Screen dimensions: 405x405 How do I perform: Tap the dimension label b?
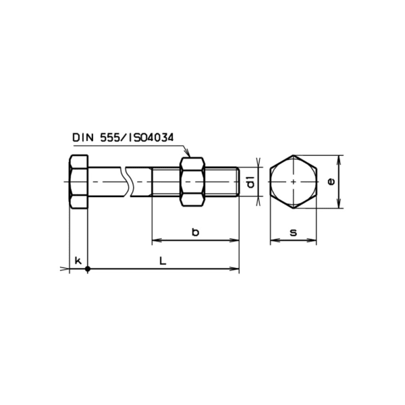(x=195, y=232)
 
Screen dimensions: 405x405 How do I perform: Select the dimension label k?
(x=78, y=261)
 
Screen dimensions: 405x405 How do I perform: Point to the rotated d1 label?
(x=250, y=182)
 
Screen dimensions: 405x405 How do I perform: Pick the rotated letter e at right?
(x=329, y=182)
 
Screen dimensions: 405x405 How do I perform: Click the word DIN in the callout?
(x=83, y=138)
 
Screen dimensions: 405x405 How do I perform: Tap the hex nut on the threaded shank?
(x=192, y=182)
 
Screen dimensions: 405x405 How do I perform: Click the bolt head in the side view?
(x=78, y=182)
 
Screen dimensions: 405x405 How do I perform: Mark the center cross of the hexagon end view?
(x=294, y=182)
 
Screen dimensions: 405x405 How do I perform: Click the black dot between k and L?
(x=88, y=269)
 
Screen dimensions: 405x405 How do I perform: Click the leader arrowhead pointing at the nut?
(x=189, y=155)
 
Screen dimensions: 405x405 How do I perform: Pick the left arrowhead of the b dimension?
(x=155, y=240)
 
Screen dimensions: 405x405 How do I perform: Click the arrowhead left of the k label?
(x=65, y=269)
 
